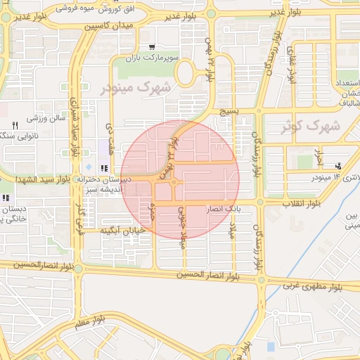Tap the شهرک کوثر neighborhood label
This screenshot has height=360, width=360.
(309, 127)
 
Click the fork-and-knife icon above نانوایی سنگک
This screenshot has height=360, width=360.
(15, 124)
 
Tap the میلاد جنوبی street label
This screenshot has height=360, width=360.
(181, 224)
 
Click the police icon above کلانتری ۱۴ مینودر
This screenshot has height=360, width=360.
(340, 166)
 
